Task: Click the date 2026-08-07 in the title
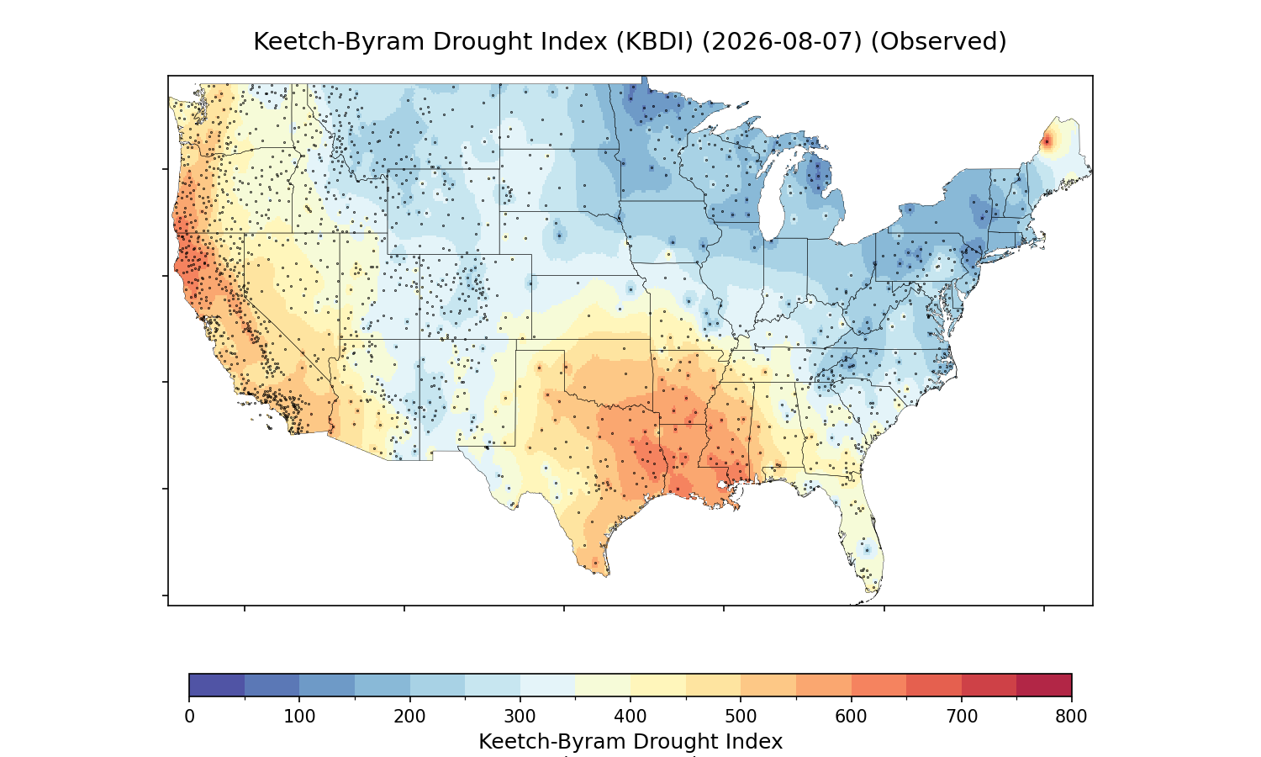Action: click(782, 42)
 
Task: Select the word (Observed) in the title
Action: click(938, 42)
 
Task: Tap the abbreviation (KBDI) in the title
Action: click(654, 42)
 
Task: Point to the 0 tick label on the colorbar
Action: click(190, 717)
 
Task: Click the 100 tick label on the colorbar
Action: click(299, 717)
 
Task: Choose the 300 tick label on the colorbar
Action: click(520, 717)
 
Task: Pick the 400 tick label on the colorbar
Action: click(630, 717)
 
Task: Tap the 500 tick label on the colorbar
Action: click(741, 717)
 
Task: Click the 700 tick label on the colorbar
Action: click(962, 717)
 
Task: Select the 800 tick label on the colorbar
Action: click(1071, 717)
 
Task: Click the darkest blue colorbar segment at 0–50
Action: click(217, 685)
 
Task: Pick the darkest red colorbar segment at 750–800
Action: click(1044, 685)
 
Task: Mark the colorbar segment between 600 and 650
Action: click(878, 685)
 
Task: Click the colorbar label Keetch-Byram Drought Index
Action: click(630, 742)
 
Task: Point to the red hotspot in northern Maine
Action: click(1047, 142)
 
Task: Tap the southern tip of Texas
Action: click(607, 575)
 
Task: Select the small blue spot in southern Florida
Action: click(867, 549)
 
